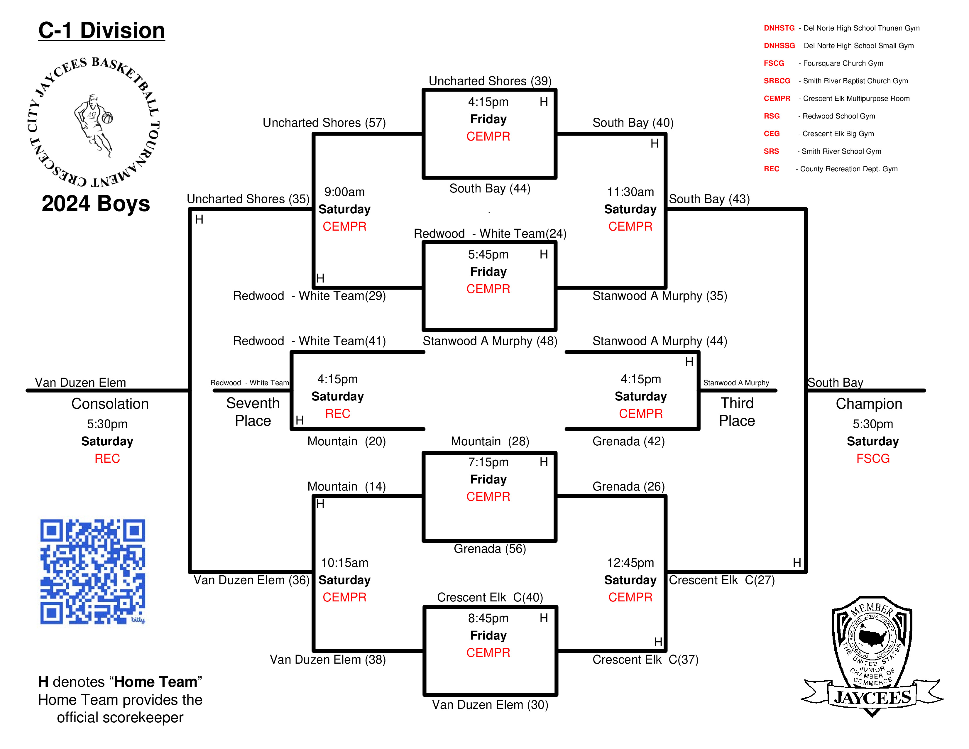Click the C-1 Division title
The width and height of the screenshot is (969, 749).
102,31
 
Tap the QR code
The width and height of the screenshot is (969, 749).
93,572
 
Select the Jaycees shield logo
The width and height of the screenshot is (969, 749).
872,656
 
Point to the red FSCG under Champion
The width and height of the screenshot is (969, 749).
873,458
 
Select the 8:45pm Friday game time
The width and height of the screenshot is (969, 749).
488,618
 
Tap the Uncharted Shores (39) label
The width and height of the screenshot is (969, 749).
490,81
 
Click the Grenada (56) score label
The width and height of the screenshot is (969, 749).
490,549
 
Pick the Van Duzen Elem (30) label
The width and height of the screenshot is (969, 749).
490,705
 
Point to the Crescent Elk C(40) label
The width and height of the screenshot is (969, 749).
490,597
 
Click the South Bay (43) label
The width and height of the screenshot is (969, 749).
709,199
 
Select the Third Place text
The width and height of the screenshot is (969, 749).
737,412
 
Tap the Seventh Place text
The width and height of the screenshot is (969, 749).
253,412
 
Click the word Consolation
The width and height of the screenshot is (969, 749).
110,404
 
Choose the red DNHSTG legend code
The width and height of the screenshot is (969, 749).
779,28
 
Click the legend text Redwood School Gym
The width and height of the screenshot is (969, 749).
838,116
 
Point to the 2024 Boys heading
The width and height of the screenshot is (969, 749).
96,203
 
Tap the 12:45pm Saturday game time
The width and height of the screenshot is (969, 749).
630,563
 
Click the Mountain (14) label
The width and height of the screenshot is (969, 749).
346,486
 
